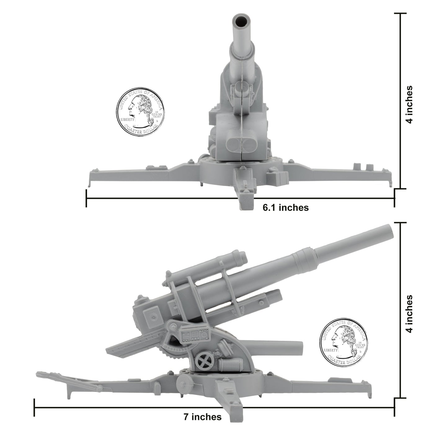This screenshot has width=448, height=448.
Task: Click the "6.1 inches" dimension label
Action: [286, 207]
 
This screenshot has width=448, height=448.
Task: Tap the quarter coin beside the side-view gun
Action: [344, 341]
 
